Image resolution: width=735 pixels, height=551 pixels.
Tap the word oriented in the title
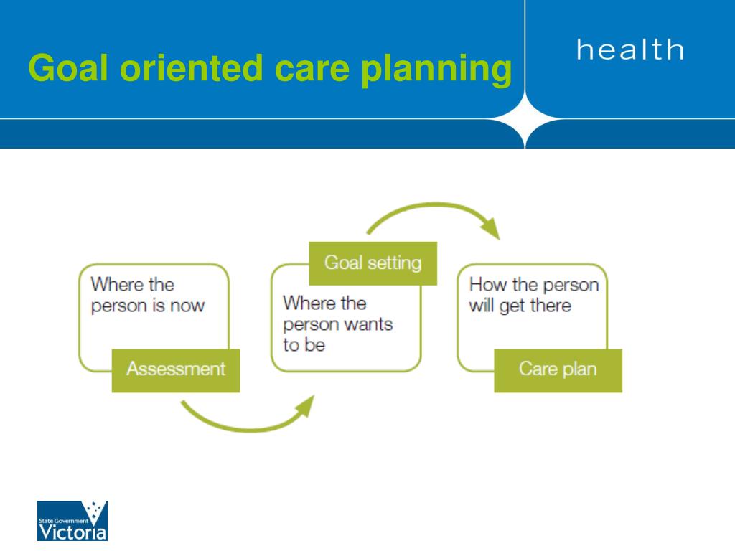[190, 68]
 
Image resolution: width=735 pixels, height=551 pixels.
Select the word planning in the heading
[436, 70]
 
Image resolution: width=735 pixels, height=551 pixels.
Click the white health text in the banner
[630, 50]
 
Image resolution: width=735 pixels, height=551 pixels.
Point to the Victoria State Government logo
[72, 521]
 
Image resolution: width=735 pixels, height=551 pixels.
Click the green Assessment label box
[176, 370]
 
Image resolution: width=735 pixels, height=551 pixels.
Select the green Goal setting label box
[373, 263]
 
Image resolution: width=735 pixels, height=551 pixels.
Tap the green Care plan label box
[558, 370]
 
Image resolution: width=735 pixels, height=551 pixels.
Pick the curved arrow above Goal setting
[434, 204]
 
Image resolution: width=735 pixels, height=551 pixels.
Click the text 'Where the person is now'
[148, 295]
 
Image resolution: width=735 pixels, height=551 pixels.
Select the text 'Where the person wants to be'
[337, 324]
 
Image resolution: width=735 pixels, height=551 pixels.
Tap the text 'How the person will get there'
[534, 295]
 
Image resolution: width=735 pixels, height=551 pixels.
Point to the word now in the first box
[187, 306]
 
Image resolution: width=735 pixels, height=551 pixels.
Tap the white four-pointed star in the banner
[525, 118]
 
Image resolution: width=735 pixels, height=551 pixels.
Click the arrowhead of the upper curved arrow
[491, 228]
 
